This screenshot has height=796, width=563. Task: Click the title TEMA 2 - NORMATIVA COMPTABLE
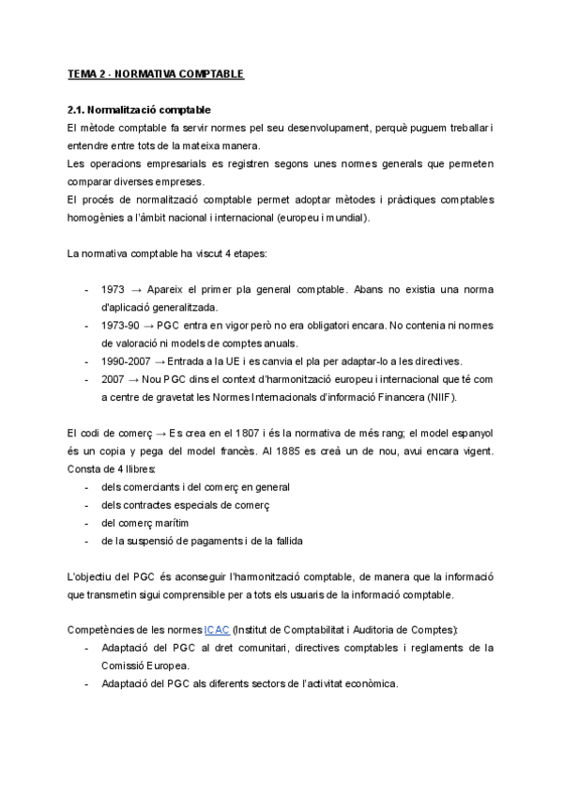(x=156, y=74)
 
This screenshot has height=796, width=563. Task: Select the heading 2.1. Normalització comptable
(x=139, y=110)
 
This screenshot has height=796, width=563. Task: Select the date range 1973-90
(x=119, y=325)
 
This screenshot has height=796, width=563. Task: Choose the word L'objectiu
(x=92, y=576)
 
